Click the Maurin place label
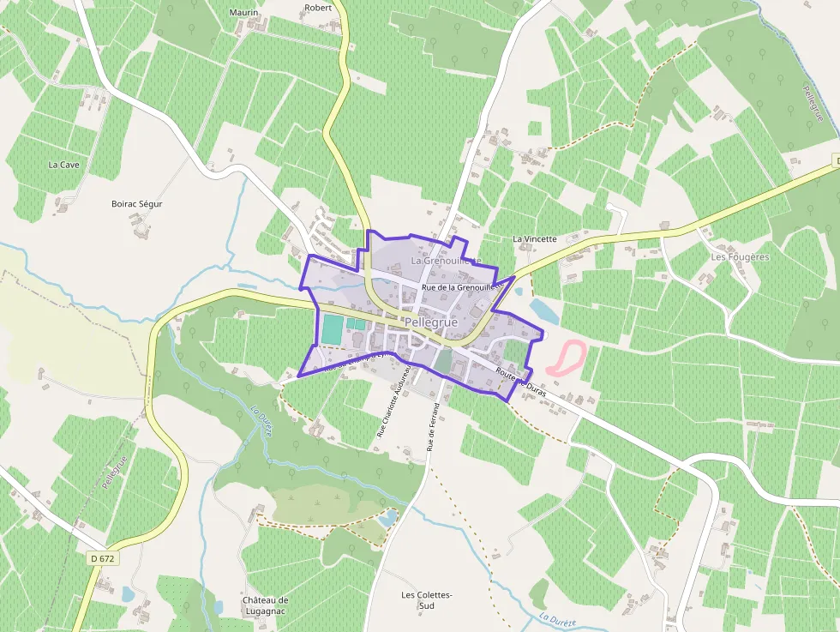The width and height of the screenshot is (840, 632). [x=243, y=13]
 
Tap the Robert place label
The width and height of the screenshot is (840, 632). [x=317, y=8]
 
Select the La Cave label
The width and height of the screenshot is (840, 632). [x=63, y=165]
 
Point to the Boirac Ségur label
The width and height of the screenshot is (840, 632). [x=137, y=204]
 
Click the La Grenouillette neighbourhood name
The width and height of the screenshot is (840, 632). [x=446, y=260]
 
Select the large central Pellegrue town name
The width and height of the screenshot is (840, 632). [x=430, y=322]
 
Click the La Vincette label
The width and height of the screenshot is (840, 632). [x=535, y=238]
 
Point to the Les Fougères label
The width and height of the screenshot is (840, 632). [x=740, y=256]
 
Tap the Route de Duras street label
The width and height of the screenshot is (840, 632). [x=520, y=379]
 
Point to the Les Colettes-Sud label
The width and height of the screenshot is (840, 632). [x=426, y=600]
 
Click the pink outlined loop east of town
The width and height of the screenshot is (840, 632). [x=567, y=358]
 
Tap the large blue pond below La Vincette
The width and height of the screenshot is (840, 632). [x=543, y=310]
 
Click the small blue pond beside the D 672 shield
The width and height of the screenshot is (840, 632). [x=128, y=593]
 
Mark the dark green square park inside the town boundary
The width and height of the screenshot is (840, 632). [x=442, y=361]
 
